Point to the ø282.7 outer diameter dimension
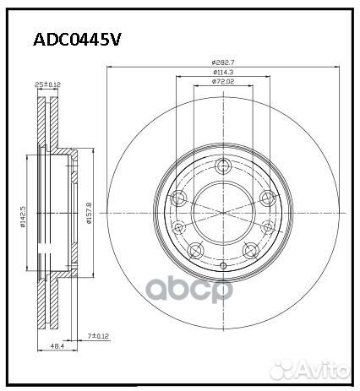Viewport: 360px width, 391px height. pyautogui.click(x=223, y=62)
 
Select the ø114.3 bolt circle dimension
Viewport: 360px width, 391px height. pyautogui.click(x=223, y=73)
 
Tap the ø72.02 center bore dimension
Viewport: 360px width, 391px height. pyautogui.click(x=223, y=84)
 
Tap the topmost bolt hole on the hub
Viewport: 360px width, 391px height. pyautogui.click(x=223, y=166)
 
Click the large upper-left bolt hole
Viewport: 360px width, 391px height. pyautogui.click(x=180, y=198)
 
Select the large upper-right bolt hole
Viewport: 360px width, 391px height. pyautogui.click(x=266, y=198)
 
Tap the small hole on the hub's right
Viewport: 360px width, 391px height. pyautogui.click(x=268, y=226)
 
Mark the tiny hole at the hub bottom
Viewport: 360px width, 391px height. pyautogui.click(x=223, y=263)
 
